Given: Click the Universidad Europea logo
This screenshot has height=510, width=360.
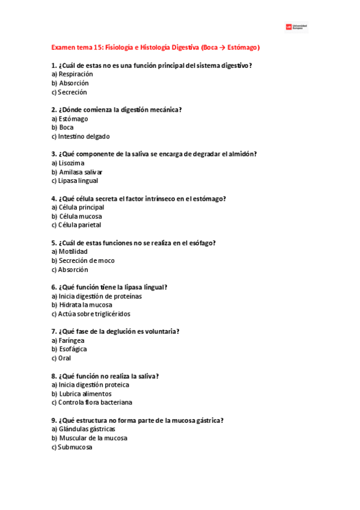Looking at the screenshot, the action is pos(297,27).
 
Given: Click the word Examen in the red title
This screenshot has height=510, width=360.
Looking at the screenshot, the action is pos(64,47).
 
